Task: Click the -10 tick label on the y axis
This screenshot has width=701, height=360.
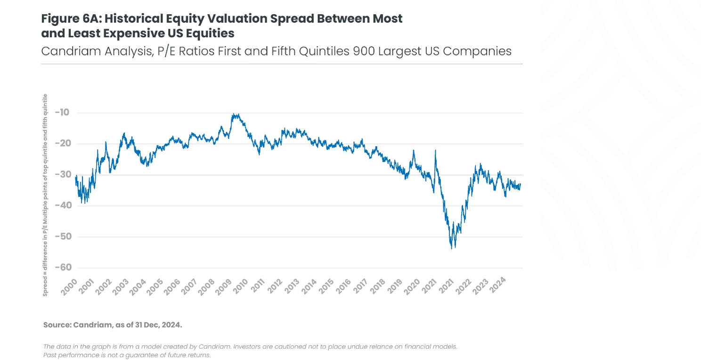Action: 62,113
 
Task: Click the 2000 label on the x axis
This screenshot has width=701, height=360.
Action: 69,286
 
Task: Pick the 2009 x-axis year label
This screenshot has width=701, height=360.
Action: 224,286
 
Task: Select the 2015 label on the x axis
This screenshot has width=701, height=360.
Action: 327,286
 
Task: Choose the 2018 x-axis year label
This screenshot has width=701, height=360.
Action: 379,286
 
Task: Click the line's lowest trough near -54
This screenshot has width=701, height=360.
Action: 452,248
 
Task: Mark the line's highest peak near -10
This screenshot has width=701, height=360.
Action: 235,114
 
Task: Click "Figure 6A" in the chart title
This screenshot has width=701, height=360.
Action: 70,19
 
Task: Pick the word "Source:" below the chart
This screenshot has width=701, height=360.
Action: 57,325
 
